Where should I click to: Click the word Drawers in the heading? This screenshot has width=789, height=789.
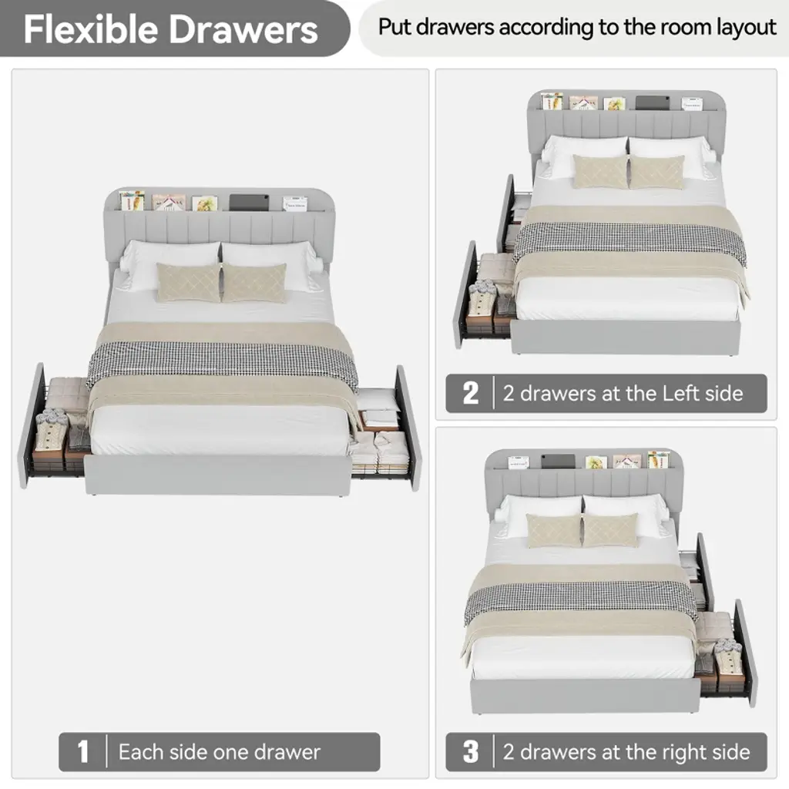pyautogui.click(x=243, y=29)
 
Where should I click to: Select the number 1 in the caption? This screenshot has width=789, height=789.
pyautogui.click(x=83, y=751)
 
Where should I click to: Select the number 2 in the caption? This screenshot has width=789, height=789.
pyautogui.click(x=471, y=393)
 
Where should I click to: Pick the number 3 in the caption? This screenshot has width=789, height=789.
pyautogui.click(x=471, y=751)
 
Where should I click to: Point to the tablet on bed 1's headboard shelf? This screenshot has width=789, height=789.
pyautogui.click(x=249, y=203)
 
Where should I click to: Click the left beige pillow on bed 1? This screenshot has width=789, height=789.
pyautogui.click(x=189, y=282)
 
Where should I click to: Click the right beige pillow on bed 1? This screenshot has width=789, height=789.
pyautogui.click(x=254, y=284)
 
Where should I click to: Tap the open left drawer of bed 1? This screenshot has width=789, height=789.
pyautogui.click(x=55, y=428)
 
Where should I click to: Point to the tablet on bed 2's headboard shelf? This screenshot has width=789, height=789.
pyautogui.click(x=652, y=102)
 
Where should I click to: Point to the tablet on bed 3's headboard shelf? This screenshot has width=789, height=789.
pyautogui.click(x=558, y=461)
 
